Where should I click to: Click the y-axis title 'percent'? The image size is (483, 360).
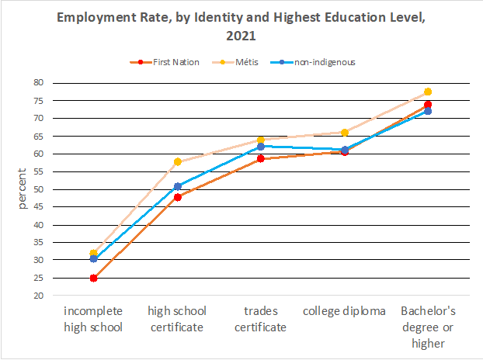(x=22, y=189)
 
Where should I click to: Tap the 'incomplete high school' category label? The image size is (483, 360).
(x=93, y=319)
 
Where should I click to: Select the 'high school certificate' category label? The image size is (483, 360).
(x=176, y=319)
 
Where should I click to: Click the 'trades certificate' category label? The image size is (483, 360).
(x=260, y=319)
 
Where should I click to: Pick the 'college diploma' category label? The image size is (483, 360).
(x=344, y=311)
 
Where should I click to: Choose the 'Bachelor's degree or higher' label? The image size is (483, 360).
(x=428, y=327)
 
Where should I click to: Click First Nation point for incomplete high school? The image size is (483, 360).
(x=93, y=278)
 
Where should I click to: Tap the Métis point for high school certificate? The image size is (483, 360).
(x=177, y=161)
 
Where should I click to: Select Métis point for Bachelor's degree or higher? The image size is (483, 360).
(x=428, y=92)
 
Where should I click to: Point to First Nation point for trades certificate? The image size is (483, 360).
(x=261, y=158)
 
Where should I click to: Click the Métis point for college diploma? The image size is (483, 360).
(x=345, y=132)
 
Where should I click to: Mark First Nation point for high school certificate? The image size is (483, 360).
(x=177, y=197)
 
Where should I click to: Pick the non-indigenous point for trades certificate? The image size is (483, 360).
(x=261, y=146)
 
